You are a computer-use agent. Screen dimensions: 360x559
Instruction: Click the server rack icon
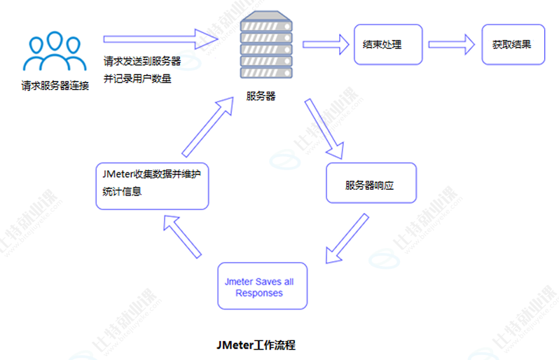click(265, 48)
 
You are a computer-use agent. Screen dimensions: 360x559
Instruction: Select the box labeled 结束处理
click(388, 44)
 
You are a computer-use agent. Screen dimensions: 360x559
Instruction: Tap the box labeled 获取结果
click(512, 44)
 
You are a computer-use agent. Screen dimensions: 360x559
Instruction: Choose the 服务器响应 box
click(371, 184)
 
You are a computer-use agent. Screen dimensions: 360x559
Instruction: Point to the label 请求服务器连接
click(55, 87)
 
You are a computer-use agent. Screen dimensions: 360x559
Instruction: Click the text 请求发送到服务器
click(142, 61)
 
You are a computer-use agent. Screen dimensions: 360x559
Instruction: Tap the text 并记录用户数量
click(137, 78)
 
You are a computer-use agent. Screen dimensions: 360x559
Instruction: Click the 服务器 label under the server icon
click(261, 97)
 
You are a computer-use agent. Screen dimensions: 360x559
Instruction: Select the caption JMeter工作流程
click(256, 345)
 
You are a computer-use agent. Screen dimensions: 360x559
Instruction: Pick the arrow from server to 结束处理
click(326, 44)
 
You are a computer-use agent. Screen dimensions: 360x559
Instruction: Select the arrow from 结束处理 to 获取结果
click(453, 44)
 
